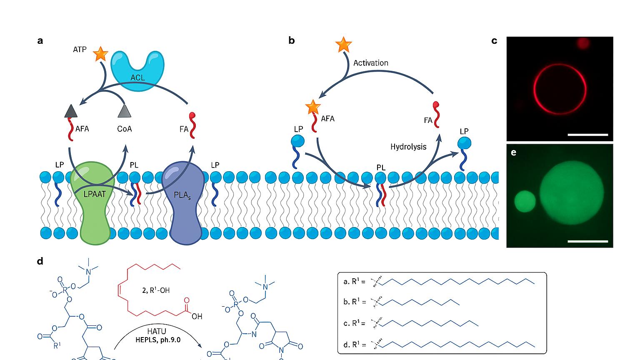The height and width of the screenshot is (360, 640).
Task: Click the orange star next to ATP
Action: coord(100,54)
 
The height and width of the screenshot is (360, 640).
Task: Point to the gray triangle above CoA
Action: coord(125,111)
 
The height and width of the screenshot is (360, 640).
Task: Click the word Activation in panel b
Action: coord(370,63)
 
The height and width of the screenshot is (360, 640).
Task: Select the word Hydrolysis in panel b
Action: coord(408,147)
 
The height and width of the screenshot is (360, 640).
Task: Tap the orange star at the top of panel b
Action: coord(343,45)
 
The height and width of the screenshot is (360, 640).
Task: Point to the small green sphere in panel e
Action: coord(525,201)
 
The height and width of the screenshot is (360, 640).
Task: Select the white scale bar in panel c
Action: coord(588,135)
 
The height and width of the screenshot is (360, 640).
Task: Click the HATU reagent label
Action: coord(157,332)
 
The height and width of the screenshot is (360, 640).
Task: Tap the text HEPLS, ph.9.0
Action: coord(158,340)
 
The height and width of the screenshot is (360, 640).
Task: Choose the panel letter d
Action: coord(40,261)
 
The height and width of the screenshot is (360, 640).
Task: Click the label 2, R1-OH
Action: coord(156,290)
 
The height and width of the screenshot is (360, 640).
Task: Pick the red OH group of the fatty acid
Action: coord(197,316)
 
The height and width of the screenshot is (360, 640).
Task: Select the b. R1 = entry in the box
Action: coord(355,301)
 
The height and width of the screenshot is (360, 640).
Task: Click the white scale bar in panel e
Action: coord(588,241)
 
